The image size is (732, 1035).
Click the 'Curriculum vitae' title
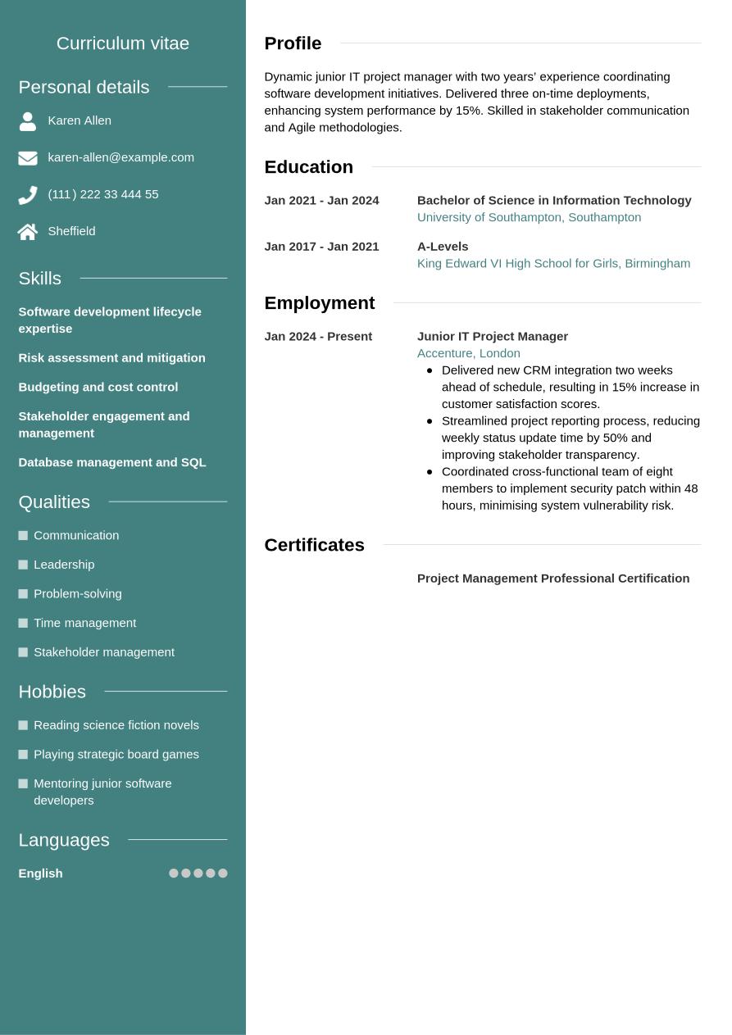click(x=123, y=43)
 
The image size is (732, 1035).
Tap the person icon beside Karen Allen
click(x=28, y=121)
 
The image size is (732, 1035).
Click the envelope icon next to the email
click(x=28, y=158)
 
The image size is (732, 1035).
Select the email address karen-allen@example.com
click(x=120, y=157)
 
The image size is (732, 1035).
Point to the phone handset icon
click(x=28, y=195)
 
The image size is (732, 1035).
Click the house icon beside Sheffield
click(x=28, y=232)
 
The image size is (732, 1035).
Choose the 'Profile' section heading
click(x=293, y=43)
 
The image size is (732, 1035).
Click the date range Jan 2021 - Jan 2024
click(x=321, y=201)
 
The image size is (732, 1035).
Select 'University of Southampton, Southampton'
click(x=529, y=217)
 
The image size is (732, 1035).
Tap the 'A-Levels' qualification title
click(x=443, y=247)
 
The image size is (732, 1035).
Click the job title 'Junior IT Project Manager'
click(x=492, y=337)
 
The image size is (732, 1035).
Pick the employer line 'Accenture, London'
click(x=468, y=353)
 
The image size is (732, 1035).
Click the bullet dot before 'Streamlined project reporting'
click(x=430, y=421)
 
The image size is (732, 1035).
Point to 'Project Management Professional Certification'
click(x=552, y=579)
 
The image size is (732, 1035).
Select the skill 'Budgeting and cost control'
click(x=98, y=387)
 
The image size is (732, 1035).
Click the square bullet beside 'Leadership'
click(x=23, y=565)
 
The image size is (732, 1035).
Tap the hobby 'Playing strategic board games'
click(x=116, y=754)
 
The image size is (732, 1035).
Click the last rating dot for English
click(x=223, y=874)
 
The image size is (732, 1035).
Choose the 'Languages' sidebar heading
click(x=64, y=840)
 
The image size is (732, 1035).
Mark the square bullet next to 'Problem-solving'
click(x=23, y=594)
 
